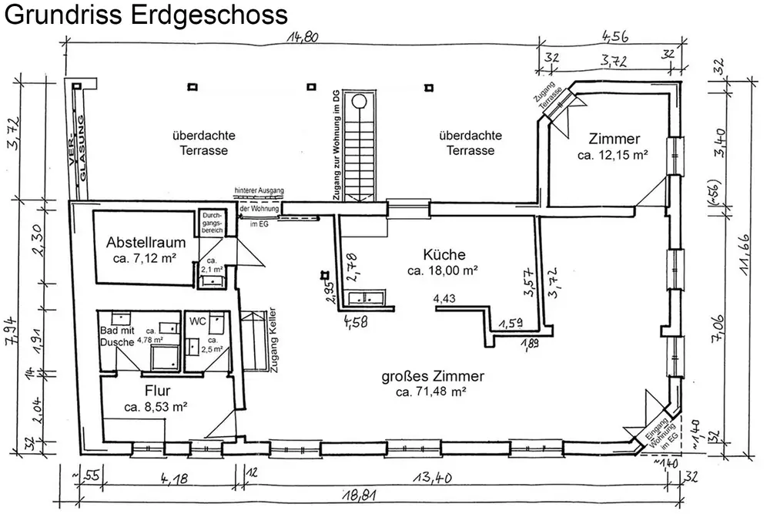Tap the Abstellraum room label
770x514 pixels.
144,241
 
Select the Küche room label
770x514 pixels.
444,254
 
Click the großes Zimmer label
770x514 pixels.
433,377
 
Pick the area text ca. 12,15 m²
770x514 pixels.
612,155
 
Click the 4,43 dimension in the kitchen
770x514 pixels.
444,298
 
